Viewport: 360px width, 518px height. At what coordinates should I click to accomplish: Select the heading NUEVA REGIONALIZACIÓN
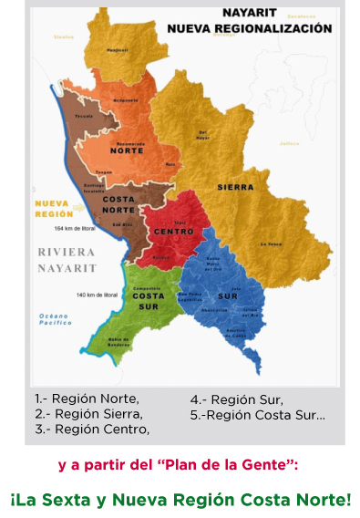pyautogui.click(x=249, y=29)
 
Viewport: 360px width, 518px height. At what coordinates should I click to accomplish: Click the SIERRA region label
pyautogui.click(x=235, y=187)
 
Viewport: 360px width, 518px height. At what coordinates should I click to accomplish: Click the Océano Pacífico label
pyautogui.click(x=54, y=318)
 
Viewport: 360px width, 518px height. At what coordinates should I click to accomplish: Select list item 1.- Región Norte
pyautogui.click(x=87, y=399)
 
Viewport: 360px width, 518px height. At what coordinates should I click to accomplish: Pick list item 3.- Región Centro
pyautogui.click(x=92, y=429)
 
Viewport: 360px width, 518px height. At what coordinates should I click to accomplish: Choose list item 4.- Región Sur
pyautogui.click(x=236, y=399)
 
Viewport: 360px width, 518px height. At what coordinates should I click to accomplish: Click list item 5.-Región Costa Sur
pyautogui.click(x=257, y=414)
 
